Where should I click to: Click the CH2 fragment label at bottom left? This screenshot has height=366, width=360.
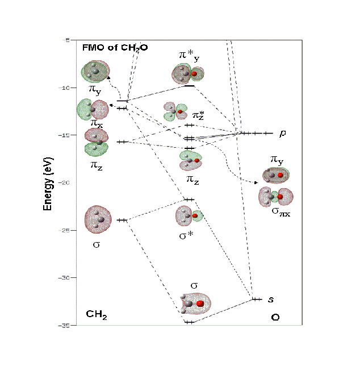click(x=97, y=314)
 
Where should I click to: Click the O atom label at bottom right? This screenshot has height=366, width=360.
click(x=275, y=317)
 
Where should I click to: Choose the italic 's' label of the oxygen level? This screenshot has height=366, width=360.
click(x=271, y=299)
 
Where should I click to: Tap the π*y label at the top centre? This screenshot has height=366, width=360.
click(x=189, y=55)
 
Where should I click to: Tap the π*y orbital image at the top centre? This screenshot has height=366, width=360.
click(x=189, y=73)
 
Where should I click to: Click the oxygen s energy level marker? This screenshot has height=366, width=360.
click(x=257, y=299)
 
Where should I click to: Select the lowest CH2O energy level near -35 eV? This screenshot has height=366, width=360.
click(x=189, y=322)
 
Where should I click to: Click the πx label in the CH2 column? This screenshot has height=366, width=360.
click(x=97, y=122)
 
